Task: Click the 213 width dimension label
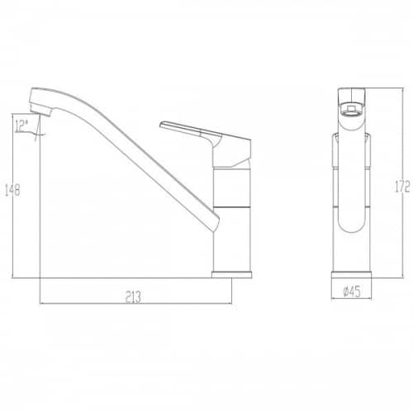point(133,297)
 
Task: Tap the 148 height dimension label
point(12,190)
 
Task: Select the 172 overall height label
point(402,187)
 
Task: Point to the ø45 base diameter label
point(352,292)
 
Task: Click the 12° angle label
point(21,126)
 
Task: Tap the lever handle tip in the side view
point(162,125)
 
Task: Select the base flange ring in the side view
point(231,274)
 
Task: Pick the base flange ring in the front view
point(351,274)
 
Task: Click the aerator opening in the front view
point(351,110)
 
